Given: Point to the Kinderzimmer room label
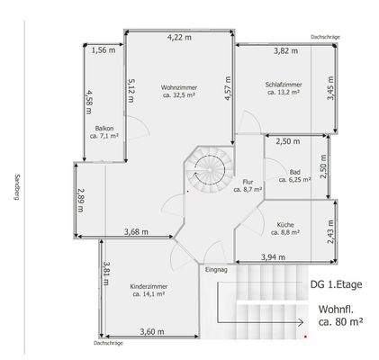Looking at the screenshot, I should pos(149,287).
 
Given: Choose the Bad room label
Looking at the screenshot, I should pos(294,173).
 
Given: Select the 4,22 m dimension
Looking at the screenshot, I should pos(180,38).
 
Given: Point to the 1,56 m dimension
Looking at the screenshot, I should pos(104,50).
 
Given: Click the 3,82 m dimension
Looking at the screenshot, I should pos(286,50).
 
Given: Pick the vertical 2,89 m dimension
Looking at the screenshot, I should pos(80,198).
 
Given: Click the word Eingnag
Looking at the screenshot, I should pos(217,269).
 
